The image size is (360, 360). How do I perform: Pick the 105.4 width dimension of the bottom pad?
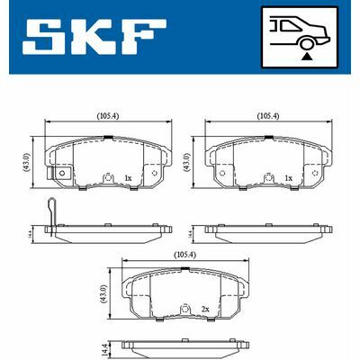(187, 256)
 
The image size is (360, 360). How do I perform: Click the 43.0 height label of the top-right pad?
(188, 163)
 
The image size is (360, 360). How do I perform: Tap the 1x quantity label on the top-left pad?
(127, 179)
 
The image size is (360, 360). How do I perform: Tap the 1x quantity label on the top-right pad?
(288, 179)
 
